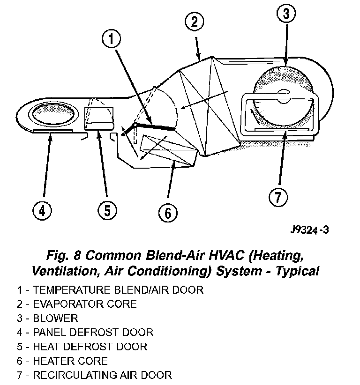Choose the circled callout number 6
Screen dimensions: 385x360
(167, 213)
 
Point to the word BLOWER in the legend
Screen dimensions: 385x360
(55, 318)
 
